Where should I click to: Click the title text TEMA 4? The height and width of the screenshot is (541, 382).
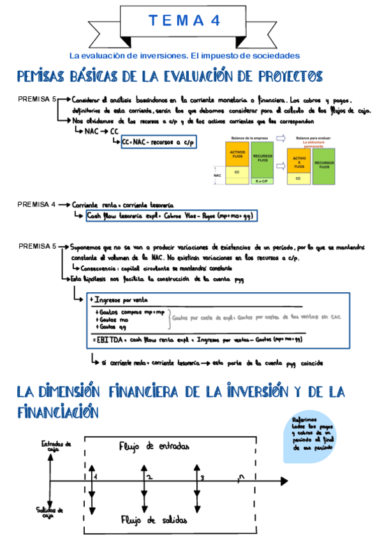click(x=185, y=20)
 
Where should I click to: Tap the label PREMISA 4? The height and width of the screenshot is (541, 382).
click(x=37, y=205)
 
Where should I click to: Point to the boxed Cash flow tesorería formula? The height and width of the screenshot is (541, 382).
click(x=171, y=216)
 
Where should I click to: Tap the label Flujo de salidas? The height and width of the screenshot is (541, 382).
click(x=151, y=520)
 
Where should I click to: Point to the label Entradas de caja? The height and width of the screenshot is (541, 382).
click(x=55, y=447)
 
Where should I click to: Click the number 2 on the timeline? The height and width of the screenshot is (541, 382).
click(x=150, y=477)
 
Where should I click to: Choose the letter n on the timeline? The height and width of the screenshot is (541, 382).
click(x=239, y=477)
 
